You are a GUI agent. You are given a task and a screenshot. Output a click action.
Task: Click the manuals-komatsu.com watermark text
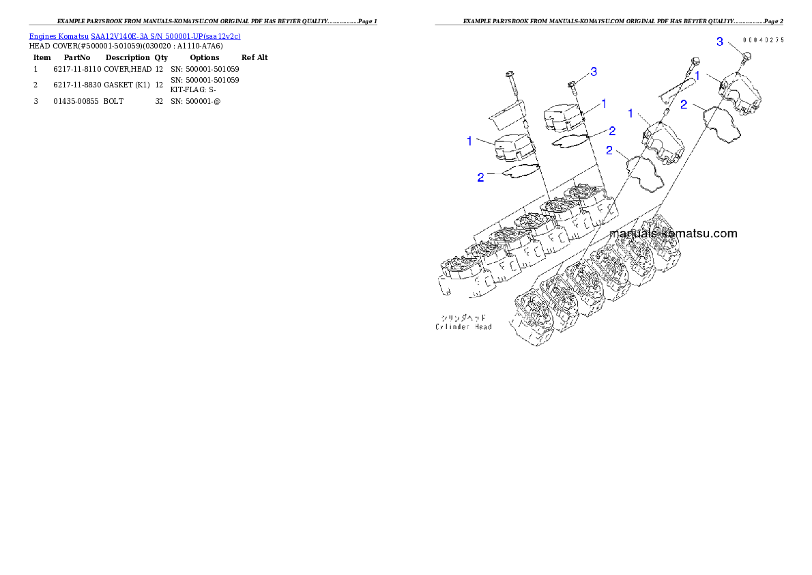[673, 234]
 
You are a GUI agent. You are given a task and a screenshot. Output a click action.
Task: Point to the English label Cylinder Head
[465, 326]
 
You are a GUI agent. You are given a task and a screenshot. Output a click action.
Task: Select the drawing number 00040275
[763, 40]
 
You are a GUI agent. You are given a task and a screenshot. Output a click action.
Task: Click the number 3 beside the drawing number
[719, 42]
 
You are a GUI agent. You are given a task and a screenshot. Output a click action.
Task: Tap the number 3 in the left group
[594, 72]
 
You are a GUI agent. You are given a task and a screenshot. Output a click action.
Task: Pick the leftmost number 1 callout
[469, 141]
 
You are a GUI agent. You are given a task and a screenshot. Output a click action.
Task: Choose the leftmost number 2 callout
[480, 177]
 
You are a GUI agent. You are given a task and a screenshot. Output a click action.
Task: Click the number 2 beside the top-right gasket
[684, 104]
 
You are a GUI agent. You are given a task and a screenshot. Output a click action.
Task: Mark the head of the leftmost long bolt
[509, 75]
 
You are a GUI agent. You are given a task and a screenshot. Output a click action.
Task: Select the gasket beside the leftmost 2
[521, 171]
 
